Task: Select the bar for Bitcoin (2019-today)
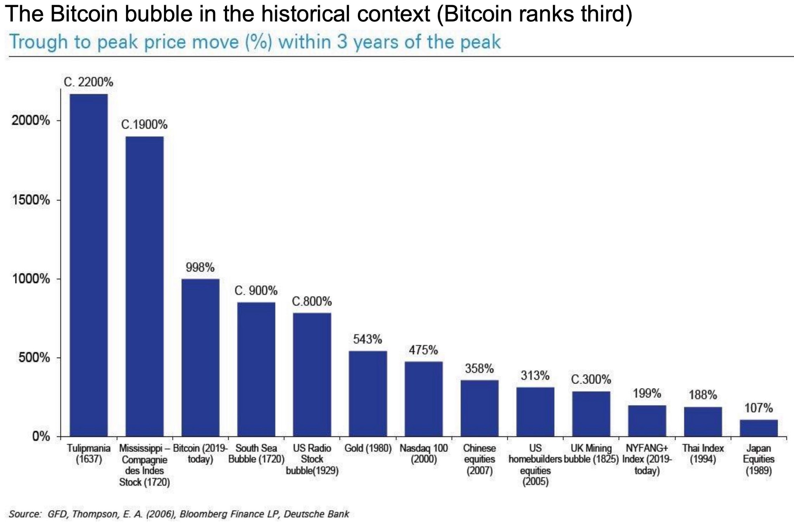(200, 357)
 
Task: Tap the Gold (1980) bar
(368, 393)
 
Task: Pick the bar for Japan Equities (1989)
(758, 428)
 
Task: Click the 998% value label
(200, 267)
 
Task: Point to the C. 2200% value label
(88, 82)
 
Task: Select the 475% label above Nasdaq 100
(423, 350)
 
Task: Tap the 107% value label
(758, 408)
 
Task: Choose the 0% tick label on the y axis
(41, 437)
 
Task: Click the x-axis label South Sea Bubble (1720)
(256, 454)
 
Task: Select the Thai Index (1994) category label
(703, 454)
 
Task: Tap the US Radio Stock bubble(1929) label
(312, 459)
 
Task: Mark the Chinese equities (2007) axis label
(480, 459)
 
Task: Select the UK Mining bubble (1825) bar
(591, 414)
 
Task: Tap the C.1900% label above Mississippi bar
(144, 125)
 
